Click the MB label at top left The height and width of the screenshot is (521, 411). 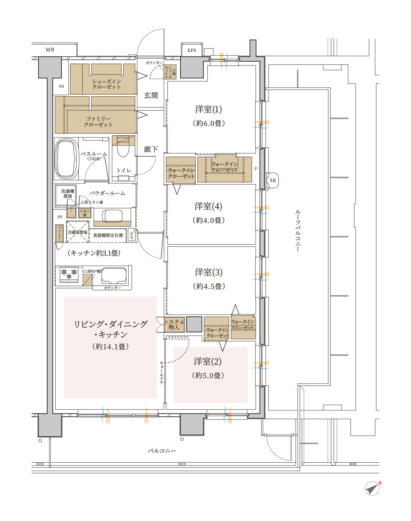[x=50, y=50]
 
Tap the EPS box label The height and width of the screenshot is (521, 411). [x=192, y=50]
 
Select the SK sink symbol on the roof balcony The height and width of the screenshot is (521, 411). [x=273, y=180]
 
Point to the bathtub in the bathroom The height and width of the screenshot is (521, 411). [x=67, y=159]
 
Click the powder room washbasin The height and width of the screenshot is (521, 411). [x=112, y=216]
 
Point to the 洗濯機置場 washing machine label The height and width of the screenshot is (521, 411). [x=68, y=194]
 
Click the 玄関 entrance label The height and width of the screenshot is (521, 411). [x=151, y=95]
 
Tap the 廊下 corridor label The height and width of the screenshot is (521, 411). [x=151, y=149]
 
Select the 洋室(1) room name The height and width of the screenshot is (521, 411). [x=209, y=109]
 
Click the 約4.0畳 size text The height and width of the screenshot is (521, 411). [x=209, y=220]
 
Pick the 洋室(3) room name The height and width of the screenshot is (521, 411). [x=209, y=272]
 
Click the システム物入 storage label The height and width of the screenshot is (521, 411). [x=174, y=324]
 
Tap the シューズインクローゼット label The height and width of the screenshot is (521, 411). [x=106, y=84]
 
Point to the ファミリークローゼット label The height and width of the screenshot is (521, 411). [x=98, y=122]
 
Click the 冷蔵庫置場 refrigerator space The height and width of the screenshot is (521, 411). [x=78, y=232]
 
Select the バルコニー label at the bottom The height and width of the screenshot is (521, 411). [x=162, y=451]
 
